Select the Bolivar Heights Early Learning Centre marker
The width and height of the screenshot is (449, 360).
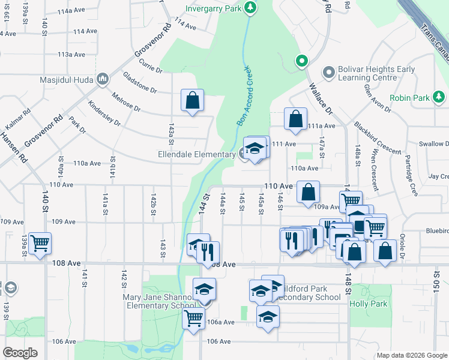click(x=328, y=73)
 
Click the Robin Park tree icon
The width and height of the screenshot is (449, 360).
click(x=439, y=97)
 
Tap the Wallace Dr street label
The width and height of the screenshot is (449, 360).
click(x=320, y=100)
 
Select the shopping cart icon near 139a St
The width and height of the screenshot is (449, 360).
click(x=40, y=243)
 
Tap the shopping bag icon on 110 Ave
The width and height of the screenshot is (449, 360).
click(x=308, y=193)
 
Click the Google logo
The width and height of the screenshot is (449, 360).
click(x=20, y=353)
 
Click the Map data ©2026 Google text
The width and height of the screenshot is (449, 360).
click(x=412, y=355)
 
